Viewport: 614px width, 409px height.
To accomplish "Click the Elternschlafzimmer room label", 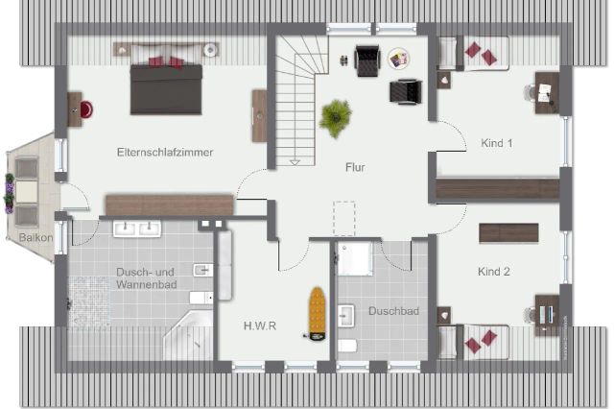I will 164,152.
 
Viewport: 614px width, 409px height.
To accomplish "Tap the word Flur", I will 355,167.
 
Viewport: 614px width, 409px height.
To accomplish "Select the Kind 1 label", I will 496,143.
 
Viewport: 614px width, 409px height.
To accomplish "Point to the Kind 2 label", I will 494,272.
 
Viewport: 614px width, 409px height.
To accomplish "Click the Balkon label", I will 34,236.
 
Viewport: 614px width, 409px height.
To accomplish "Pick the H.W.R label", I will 260,325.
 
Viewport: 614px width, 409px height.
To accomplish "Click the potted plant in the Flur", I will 335,118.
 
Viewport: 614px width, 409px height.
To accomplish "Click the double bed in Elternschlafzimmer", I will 166,85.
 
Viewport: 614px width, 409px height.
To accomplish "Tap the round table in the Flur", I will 398,60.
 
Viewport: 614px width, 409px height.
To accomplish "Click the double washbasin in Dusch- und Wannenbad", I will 137,229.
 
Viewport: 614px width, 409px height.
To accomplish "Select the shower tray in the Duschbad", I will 354,258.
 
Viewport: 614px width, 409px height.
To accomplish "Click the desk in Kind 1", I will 545,92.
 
